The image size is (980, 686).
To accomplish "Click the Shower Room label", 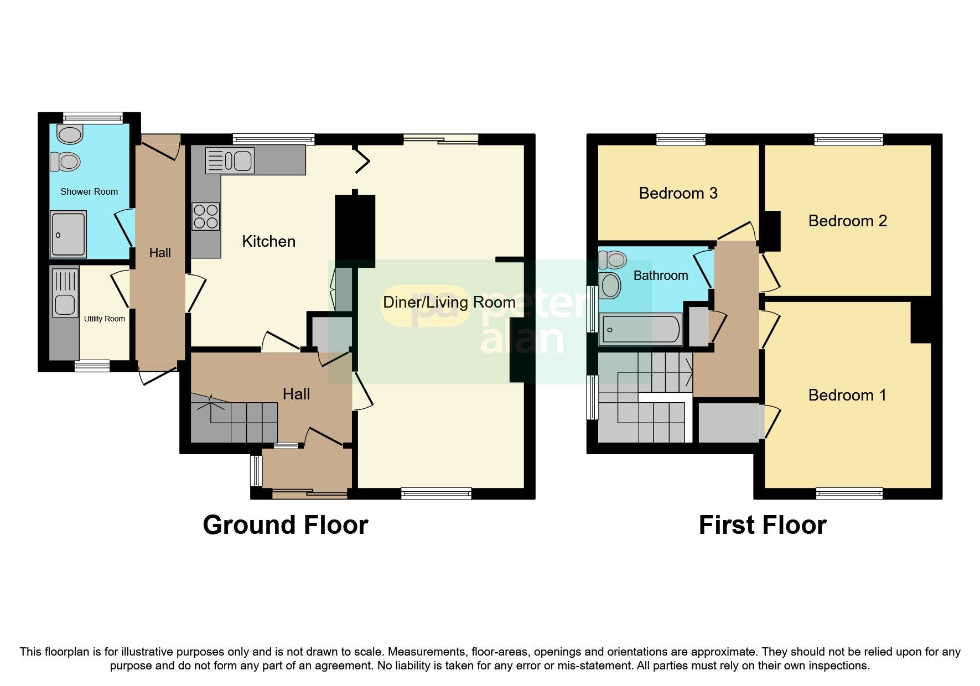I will (89, 192).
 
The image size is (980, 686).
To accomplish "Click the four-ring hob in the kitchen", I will (206, 216).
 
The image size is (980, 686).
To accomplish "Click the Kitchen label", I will (269, 241).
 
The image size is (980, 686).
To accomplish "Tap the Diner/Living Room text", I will (449, 302).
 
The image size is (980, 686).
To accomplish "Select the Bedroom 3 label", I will (678, 193).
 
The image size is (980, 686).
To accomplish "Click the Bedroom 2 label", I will (847, 221).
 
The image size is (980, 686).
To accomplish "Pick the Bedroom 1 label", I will (847, 395).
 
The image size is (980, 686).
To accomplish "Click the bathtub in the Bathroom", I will (641, 330).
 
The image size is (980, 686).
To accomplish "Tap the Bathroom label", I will (661, 276).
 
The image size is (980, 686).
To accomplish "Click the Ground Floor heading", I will (286, 524).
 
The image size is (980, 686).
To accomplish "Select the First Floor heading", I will (762, 524).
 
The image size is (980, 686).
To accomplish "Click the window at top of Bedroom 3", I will (681, 139).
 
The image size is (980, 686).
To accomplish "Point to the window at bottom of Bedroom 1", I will (849, 493).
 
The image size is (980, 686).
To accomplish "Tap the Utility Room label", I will (104, 319).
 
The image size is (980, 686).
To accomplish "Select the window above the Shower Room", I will (92, 117).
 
